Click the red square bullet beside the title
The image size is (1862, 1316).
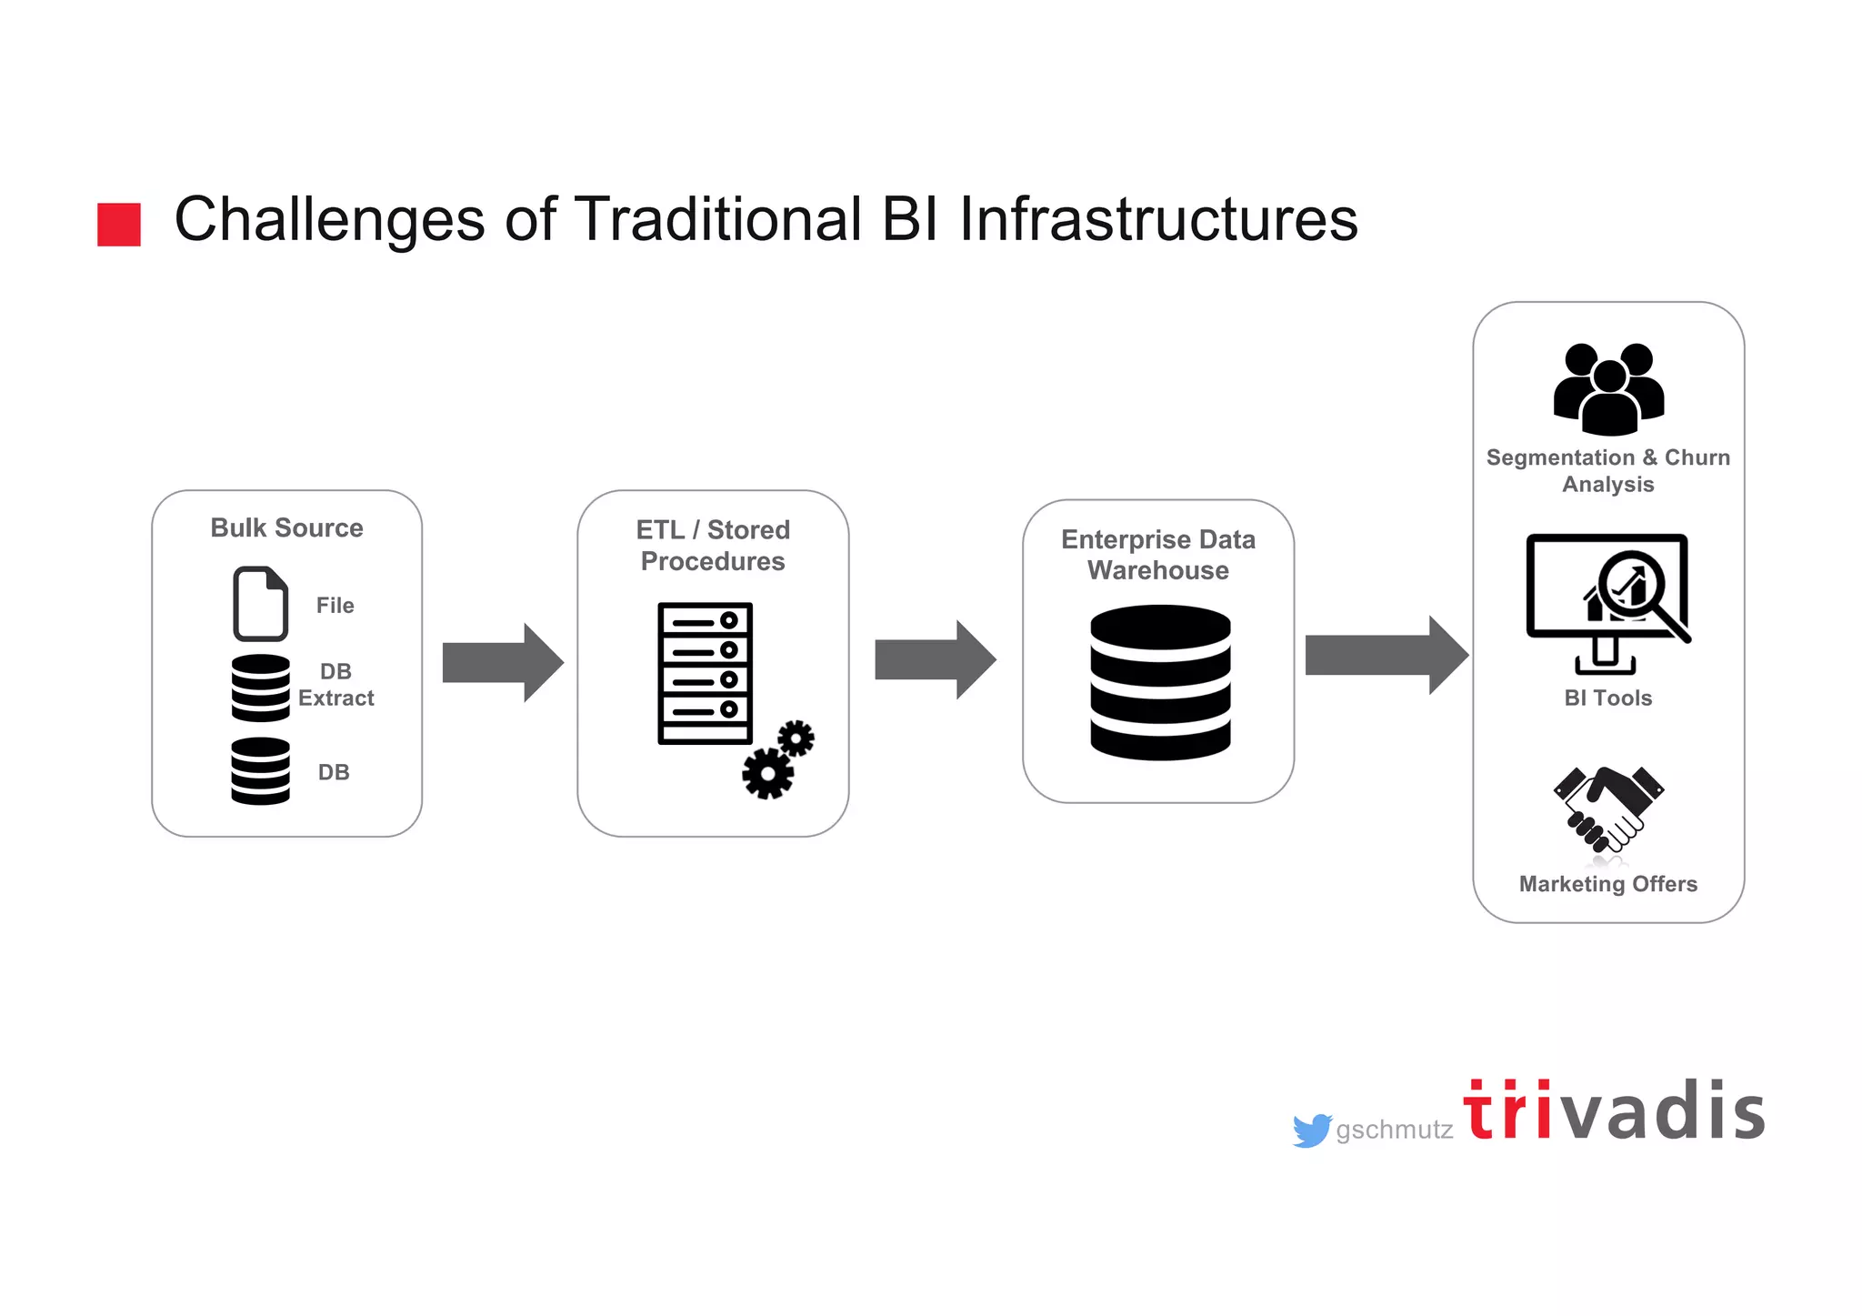119,225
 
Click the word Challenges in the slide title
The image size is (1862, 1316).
329,220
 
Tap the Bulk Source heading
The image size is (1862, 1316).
286,527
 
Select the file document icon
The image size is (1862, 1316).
261,604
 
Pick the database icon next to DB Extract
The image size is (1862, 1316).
261,688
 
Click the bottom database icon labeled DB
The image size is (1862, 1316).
261,771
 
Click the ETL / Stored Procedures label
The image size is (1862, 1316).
713,546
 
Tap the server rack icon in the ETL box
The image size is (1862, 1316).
705,673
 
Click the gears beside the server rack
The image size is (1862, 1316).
777,760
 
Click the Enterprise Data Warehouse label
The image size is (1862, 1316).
1158,555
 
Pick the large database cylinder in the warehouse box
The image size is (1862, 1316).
1160,682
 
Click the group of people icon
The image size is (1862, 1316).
1608,388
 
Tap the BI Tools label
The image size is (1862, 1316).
1607,698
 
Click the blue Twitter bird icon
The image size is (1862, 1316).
1312,1130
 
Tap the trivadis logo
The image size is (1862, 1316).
1614,1111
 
